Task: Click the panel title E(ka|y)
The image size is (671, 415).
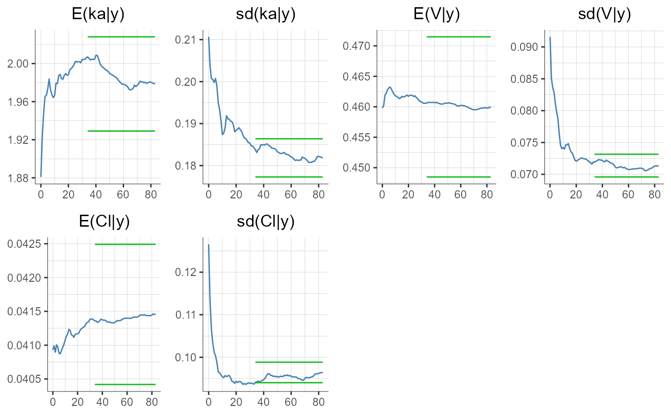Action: point(98,15)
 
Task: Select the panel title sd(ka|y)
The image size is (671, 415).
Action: point(266,15)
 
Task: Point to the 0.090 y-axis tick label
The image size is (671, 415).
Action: point(526,47)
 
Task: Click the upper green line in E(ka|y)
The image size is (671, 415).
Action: point(121,37)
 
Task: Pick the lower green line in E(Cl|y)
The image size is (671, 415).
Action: point(125,384)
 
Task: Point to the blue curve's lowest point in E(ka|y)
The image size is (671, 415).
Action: point(41,176)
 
